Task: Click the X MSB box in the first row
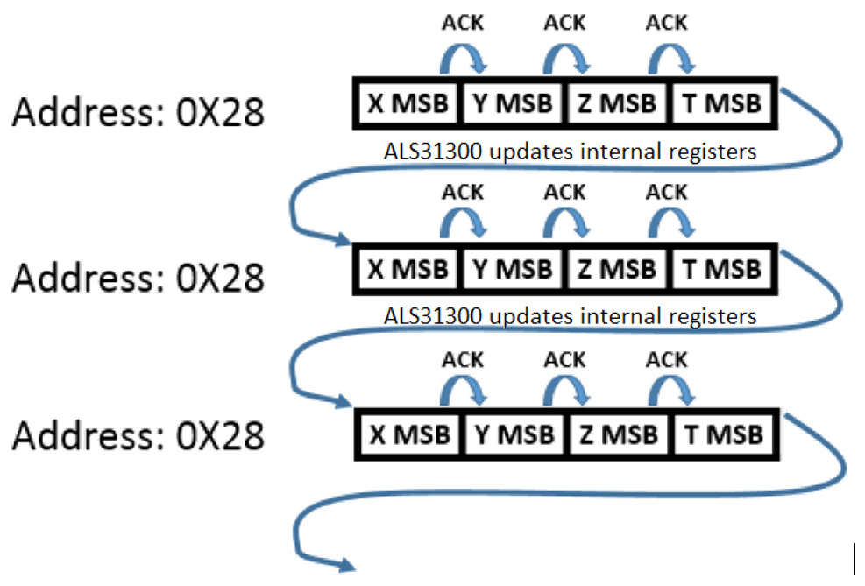[x=408, y=103]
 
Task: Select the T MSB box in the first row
[x=721, y=103]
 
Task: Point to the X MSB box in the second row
[x=408, y=268]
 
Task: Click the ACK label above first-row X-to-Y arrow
[x=463, y=22]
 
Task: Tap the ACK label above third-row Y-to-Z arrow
[x=564, y=358]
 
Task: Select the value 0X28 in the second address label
[x=217, y=278]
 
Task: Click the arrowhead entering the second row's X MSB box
[x=344, y=240]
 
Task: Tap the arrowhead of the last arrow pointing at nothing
[x=345, y=565]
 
